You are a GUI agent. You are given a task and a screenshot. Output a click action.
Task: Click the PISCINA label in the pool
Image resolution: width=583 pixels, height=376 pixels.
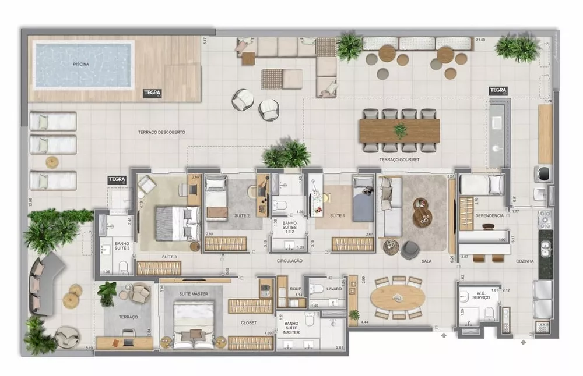tap(81, 64)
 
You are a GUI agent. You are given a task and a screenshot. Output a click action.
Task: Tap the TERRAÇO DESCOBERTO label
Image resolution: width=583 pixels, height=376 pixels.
tap(161, 132)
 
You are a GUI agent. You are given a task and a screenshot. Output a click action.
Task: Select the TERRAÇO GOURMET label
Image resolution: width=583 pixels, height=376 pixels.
tap(399, 159)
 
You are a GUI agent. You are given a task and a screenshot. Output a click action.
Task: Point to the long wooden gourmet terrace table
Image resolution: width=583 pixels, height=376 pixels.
tap(400, 130)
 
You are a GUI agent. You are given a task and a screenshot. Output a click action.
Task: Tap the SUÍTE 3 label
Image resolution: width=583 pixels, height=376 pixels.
tap(170, 256)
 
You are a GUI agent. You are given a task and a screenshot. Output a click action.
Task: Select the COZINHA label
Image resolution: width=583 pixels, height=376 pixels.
tap(525, 261)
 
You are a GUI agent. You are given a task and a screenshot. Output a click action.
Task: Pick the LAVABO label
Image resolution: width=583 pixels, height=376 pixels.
tap(334, 288)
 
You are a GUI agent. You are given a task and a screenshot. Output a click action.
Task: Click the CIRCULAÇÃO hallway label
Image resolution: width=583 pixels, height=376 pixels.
tap(290, 261)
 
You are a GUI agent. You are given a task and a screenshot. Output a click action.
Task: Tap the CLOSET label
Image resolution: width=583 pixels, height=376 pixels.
tap(249, 322)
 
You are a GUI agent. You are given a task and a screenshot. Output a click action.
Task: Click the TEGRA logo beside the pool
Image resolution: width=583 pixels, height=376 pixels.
tap(152, 93)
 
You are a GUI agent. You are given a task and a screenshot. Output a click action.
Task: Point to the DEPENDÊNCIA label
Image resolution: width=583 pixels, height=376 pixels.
tap(489, 215)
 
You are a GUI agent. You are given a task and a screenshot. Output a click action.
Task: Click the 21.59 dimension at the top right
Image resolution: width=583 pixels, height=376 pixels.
tap(480, 40)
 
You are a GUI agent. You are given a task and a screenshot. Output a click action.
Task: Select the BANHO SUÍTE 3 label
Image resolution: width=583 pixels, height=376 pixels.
tap(122, 246)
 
